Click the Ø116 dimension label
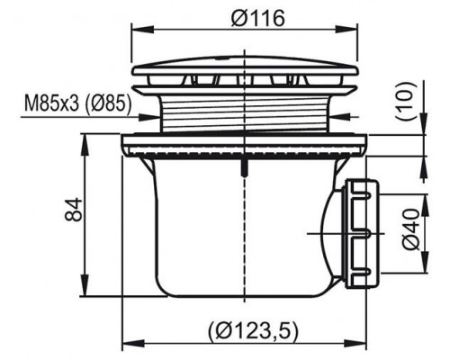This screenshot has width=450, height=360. point(257,19)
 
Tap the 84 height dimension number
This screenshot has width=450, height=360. point(74,209)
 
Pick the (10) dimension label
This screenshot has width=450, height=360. point(408,101)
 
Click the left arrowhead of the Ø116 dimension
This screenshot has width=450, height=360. point(143,30)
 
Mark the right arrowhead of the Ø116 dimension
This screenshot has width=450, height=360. point(346,30)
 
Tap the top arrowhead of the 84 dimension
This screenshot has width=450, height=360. point(85,145)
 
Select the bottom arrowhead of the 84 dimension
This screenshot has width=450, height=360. point(85,285)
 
